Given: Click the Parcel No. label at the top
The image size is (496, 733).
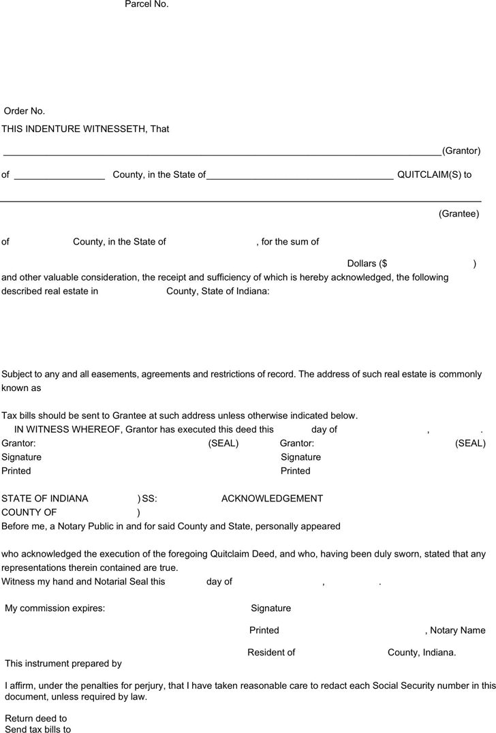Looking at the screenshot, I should [x=146, y=4].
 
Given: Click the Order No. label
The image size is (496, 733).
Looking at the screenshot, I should [x=25, y=111].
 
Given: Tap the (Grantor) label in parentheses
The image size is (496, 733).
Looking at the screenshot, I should [x=461, y=151].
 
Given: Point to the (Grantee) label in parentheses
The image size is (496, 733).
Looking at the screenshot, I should [x=459, y=214].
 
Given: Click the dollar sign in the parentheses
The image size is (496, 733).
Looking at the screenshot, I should [x=384, y=264].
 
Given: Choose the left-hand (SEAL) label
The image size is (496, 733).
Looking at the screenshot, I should [x=223, y=443].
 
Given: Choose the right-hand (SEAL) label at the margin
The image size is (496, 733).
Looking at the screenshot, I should [x=470, y=443].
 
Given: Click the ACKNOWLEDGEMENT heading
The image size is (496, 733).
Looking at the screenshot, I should [x=272, y=499].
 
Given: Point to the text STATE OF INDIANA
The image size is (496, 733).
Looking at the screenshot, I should [x=45, y=499].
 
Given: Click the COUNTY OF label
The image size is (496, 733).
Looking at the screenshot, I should [x=29, y=512].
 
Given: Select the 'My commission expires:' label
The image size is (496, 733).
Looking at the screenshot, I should [x=55, y=608].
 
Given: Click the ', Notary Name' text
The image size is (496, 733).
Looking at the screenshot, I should [x=455, y=630].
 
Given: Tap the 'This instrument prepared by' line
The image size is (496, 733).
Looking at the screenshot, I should [x=63, y=663].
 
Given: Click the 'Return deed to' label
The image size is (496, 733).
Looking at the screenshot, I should [x=36, y=718].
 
